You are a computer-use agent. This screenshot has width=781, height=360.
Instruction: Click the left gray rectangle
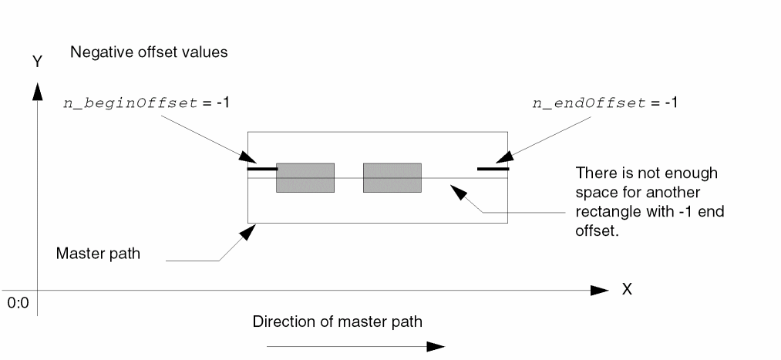[305, 177]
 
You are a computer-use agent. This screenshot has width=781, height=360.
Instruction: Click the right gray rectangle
[392, 177]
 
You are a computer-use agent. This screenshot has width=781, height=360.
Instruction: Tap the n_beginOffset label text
[132, 103]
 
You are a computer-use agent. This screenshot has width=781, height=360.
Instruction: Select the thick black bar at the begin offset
[262, 168]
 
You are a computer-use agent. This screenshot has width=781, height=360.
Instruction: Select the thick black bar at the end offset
[493, 168]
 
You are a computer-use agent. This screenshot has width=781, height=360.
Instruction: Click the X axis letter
[627, 290]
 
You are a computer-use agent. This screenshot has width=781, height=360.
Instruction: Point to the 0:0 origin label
[18, 303]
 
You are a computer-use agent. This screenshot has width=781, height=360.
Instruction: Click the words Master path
[98, 253]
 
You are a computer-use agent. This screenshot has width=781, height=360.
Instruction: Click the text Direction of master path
[338, 320]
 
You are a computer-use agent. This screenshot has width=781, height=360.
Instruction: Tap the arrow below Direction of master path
[355, 346]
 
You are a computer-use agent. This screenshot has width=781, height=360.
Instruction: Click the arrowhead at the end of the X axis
[601, 290]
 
